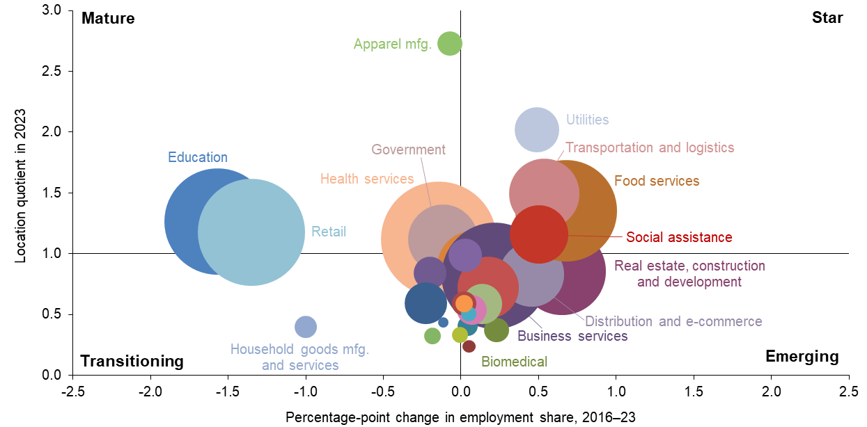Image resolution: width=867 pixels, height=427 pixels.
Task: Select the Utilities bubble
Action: coord(536,130)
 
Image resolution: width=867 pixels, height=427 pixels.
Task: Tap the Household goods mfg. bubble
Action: coord(305,326)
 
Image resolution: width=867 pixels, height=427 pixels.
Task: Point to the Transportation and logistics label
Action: coord(650,147)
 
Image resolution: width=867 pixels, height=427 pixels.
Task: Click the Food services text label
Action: coord(657,182)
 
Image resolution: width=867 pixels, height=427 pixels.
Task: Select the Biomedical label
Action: coord(514,362)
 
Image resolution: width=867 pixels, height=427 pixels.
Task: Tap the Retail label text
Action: coord(329,232)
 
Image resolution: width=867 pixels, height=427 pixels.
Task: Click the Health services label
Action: coord(367,179)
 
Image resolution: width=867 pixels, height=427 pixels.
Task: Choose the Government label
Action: coord(408,150)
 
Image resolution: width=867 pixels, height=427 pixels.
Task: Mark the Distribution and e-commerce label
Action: coord(673,321)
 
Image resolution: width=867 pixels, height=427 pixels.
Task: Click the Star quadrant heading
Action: coord(827,18)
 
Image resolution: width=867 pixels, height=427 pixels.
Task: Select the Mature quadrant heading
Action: coord(108,18)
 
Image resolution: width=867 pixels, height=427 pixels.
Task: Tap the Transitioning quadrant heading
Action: coord(132,361)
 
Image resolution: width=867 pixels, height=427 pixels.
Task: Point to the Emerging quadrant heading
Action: coord(802,357)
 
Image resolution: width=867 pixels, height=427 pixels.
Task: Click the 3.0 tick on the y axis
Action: coord(52,10)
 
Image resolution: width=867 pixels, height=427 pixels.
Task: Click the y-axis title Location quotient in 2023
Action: coord(21,186)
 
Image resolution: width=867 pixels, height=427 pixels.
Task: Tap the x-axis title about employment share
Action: coord(461,417)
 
